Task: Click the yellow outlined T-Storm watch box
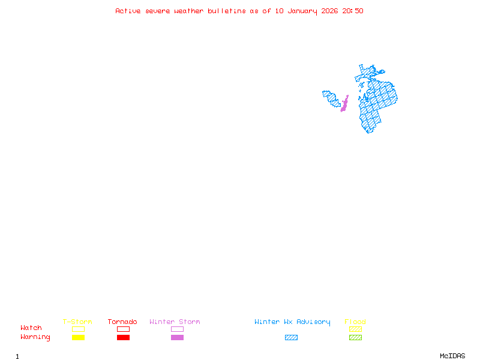click(78, 329)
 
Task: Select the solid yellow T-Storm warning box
click(78, 337)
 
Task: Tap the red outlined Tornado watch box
click(123, 329)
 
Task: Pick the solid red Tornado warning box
click(123, 337)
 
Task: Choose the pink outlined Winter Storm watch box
click(177, 329)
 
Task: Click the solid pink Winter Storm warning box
click(177, 337)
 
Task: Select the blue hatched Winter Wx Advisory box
click(291, 337)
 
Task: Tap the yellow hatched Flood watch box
click(355, 329)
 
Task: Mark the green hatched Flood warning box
click(355, 337)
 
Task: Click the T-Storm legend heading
click(77, 322)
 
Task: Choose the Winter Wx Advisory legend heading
click(292, 322)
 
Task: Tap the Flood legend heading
click(355, 322)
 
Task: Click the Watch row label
click(31, 328)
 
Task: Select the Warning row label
click(35, 337)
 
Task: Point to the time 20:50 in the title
click(353, 11)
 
